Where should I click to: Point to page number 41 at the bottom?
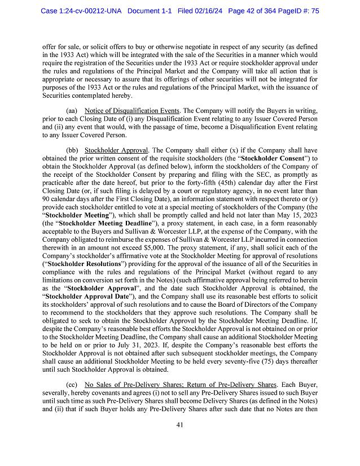[x=180, y=426]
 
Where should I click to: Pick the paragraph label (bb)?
[x=73, y=150]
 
